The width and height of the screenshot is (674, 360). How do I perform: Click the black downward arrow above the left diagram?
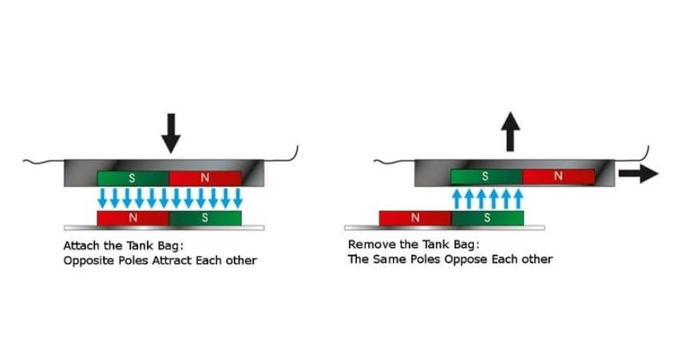171,133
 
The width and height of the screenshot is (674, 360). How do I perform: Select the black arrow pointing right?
639,175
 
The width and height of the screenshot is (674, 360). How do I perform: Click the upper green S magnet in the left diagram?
133,178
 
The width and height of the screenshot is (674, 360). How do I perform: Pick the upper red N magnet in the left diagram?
204,178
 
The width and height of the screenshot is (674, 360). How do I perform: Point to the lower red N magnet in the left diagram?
133,217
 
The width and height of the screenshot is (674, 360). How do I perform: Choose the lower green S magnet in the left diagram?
204,217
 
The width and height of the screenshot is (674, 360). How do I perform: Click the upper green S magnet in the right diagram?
486,176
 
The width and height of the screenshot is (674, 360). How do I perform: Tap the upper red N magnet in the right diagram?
558,176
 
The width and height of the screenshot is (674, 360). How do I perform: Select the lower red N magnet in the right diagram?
415,217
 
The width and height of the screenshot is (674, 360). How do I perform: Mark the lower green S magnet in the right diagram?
487,217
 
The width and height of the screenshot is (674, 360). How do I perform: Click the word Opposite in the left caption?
86,260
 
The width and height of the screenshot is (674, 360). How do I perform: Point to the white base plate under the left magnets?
168,227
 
